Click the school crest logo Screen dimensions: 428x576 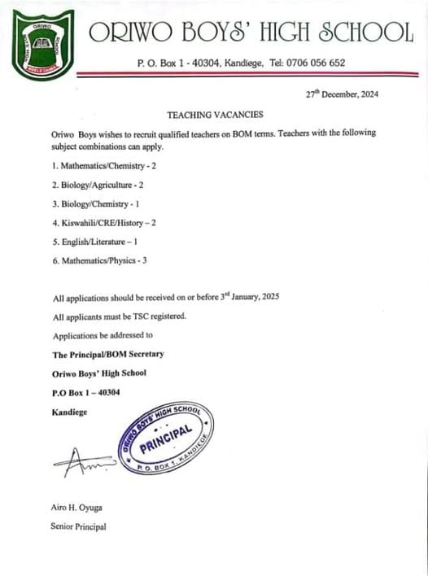[x=42, y=41]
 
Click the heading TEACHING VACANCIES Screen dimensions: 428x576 [x=215, y=116]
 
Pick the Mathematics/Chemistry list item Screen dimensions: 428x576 [x=103, y=165]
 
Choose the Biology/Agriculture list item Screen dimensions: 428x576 [x=97, y=185]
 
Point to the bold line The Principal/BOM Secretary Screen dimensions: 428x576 [x=108, y=355]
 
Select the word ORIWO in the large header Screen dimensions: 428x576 [x=128, y=33]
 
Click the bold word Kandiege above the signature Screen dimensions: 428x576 [x=69, y=412]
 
